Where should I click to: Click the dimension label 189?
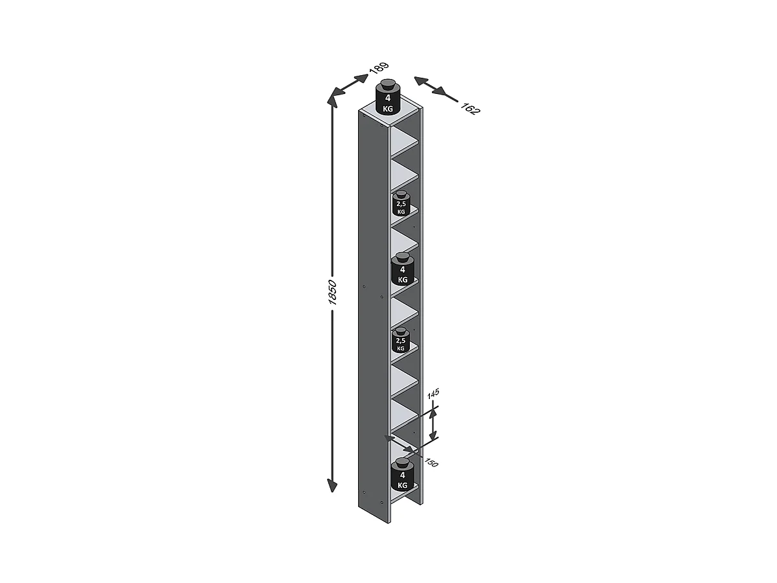click(379, 67)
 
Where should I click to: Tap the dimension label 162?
click(470, 108)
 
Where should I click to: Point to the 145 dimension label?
click(433, 393)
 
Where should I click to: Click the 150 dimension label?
click(431, 463)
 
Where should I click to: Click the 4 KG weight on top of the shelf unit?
click(388, 101)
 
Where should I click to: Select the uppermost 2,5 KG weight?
click(401, 205)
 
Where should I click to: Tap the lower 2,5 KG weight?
click(401, 340)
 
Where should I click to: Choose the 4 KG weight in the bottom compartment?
click(402, 477)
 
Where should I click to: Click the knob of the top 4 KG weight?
click(388, 84)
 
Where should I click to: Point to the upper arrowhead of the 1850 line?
click(333, 101)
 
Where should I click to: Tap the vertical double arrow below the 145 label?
click(434, 424)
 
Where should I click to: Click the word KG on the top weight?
click(388, 109)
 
